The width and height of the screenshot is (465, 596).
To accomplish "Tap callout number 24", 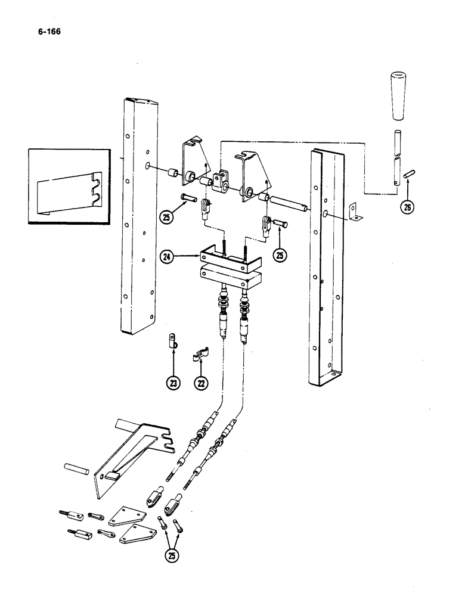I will pos(168,257).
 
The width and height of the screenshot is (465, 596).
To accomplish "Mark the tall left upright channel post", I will pos(138,215).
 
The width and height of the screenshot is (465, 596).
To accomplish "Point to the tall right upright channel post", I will pos(325,268).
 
